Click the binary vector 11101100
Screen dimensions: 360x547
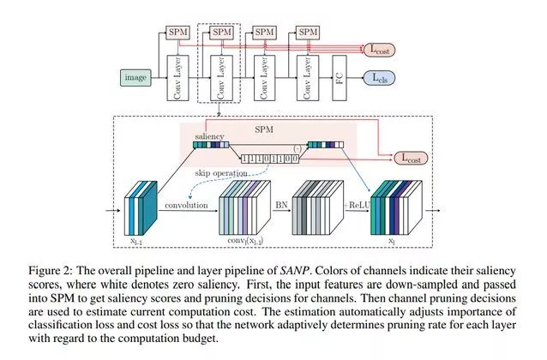[x=270, y=159]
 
